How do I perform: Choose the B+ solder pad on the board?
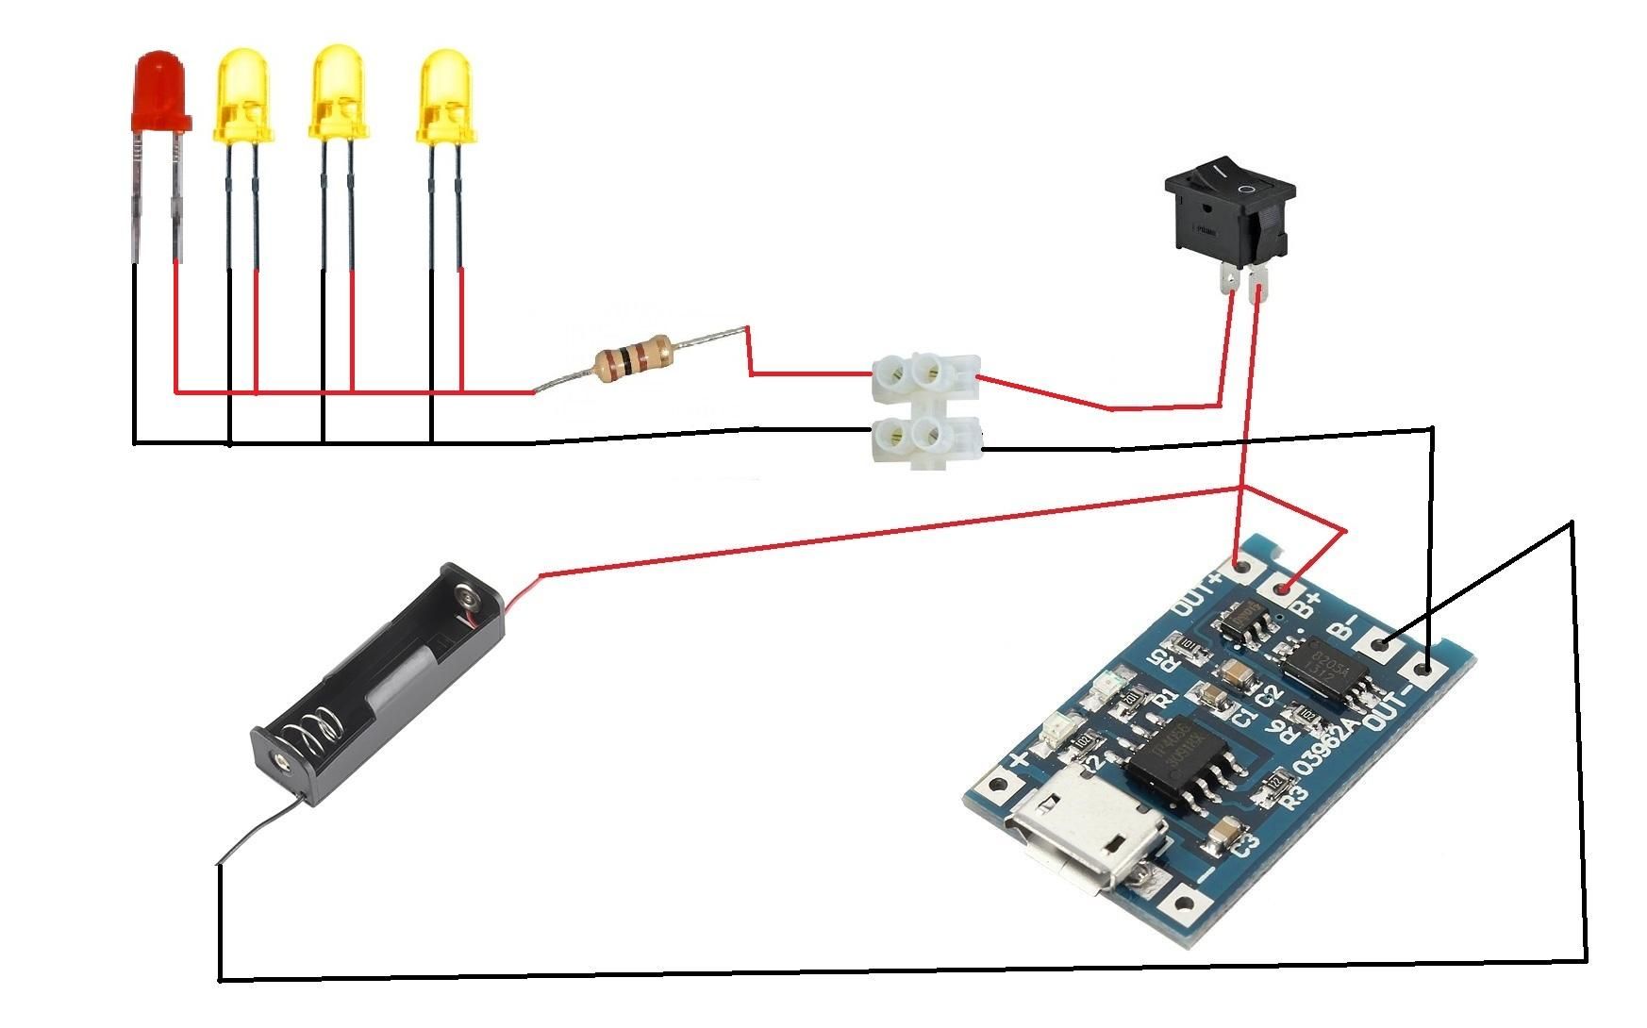(x=1284, y=590)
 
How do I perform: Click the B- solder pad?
(x=1383, y=647)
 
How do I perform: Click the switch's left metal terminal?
(x=1229, y=280)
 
